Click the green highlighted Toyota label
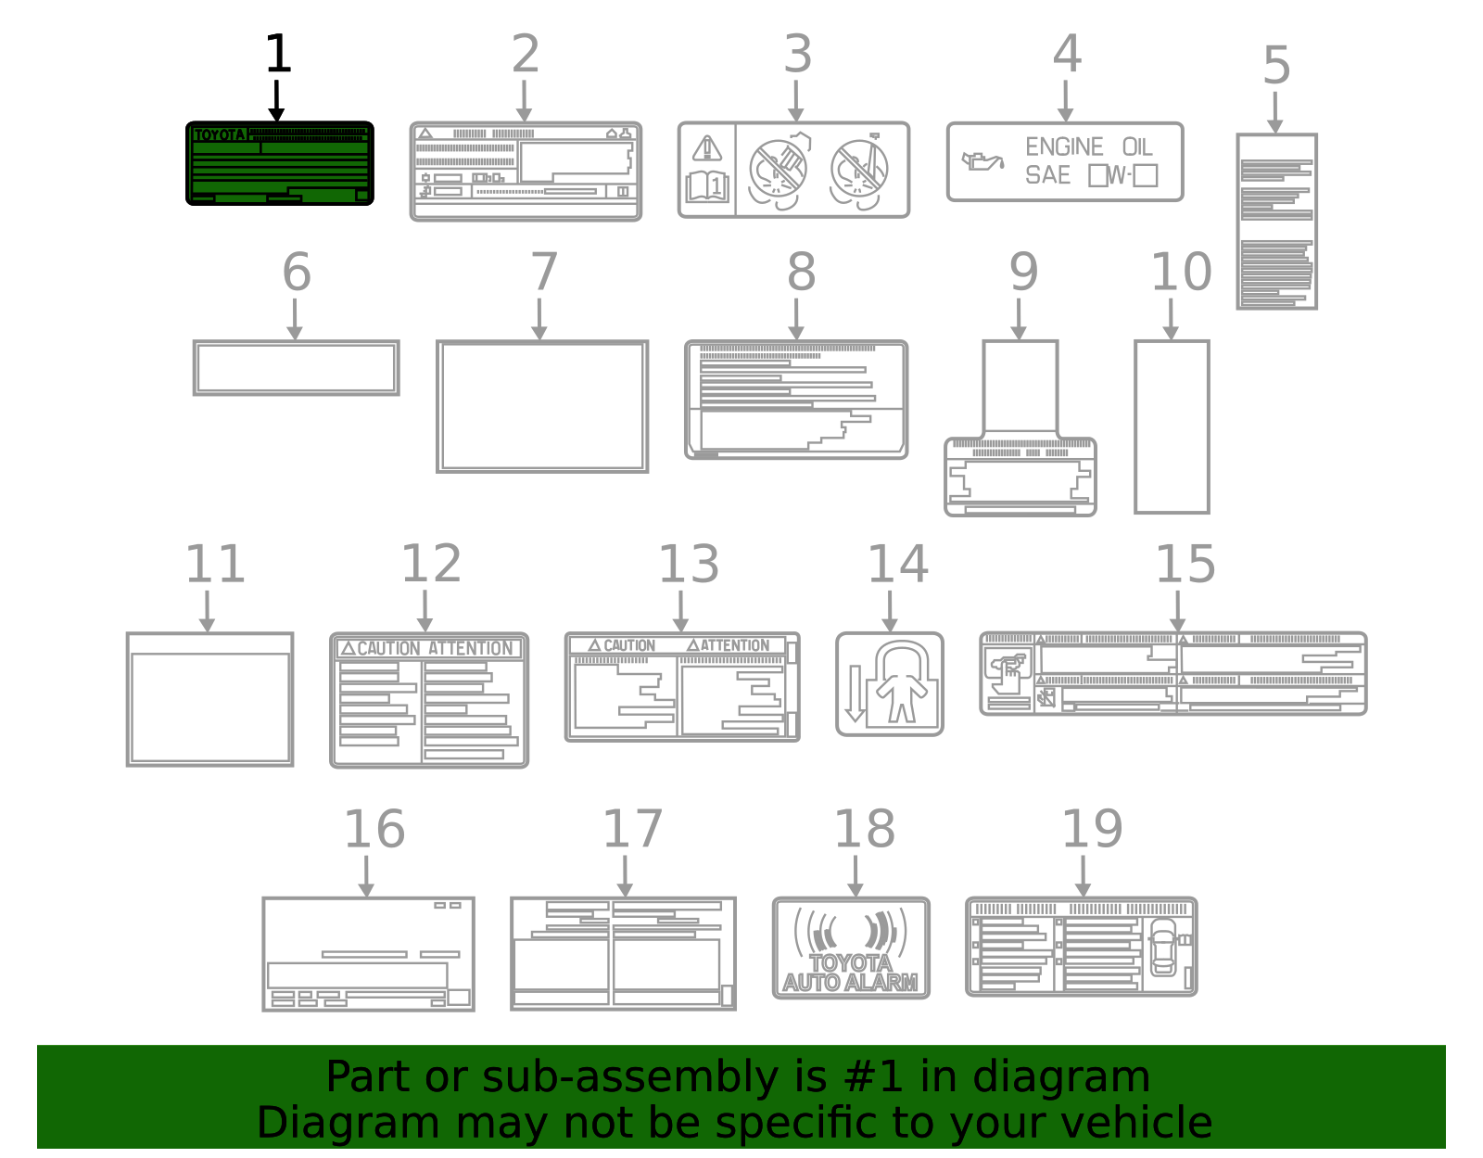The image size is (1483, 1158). pyautogui.click(x=279, y=163)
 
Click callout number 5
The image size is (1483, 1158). pyautogui.click(x=1276, y=66)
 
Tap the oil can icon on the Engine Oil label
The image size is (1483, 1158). pyautogui.click(x=982, y=161)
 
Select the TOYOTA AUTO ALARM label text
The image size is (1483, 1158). pyautogui.click(x=850, y=973)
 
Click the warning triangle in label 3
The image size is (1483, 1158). pyautogui.click(x=707, y=148)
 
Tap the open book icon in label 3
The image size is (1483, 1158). pyautogui.click(x=707, y=186)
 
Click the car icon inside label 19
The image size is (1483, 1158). pyautogui.click(x=1162, y=946)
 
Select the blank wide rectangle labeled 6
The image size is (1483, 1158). pyautogui.click(x=296, y=368)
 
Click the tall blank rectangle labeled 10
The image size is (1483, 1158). pyautogui.click(x=1172, y=426)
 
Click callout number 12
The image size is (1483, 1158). pyautogui.click(x=431, y=564)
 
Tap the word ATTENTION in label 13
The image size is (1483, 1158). pyautogui.click(x=733, y=645)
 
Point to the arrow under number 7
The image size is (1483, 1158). pyautogui.click(x=539, y=319)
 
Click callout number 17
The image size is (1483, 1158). pyautogui.click(x=632, y=829)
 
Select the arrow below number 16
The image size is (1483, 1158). pyautogui.click(x=366, y=876)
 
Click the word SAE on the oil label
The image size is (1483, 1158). pyautogui.click(x=1047, y=175)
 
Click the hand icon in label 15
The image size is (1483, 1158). pyautogui.click(x=1008, y=669)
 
